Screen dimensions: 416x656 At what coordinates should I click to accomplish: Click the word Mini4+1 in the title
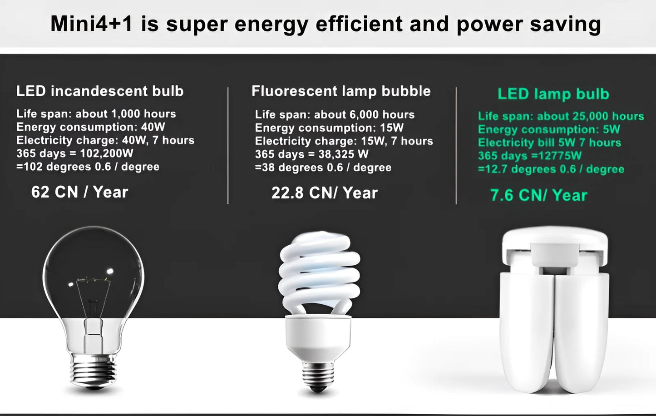(x=91, y=24)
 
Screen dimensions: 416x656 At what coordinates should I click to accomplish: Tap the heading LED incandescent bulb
(x=100, y=91)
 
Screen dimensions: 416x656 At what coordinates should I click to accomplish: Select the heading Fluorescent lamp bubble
(x=341, y=91)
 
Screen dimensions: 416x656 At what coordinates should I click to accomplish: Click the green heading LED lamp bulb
(x=553, y=94)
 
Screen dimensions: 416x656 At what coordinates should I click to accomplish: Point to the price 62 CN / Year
(x=79, y=192)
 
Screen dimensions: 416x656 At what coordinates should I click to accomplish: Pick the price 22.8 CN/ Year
(x=324, y=193)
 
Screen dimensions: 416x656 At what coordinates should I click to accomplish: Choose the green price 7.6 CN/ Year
(x=538, y=195)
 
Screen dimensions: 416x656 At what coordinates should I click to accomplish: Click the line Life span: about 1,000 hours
(x=96, y=114)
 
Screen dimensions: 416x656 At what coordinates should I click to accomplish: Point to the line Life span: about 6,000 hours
(x=335, y=114)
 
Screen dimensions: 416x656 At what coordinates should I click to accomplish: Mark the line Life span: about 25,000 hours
(x=561, y=116)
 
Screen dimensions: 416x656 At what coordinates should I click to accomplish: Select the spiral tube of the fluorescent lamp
(x=319, y=272)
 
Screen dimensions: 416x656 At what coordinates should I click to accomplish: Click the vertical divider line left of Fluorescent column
(x=228, y=145)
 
